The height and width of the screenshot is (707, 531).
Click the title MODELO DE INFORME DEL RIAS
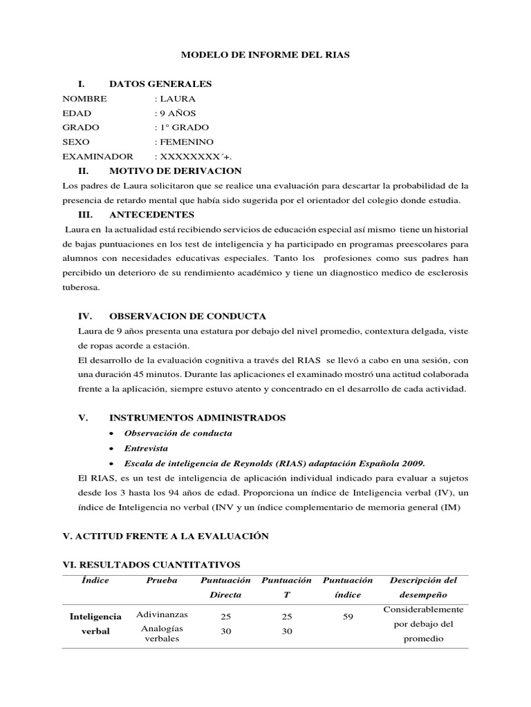(265, 53)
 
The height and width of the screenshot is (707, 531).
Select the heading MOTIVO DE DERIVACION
(176, 171)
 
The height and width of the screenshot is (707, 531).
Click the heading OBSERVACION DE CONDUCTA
(187, 316)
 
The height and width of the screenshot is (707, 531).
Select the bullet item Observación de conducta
(178, 433)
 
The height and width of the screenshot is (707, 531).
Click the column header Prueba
(162, 581)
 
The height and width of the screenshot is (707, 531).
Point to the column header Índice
(95, 581)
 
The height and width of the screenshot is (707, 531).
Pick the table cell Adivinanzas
(162, 614)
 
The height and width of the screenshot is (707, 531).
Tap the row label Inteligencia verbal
(95, 623)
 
